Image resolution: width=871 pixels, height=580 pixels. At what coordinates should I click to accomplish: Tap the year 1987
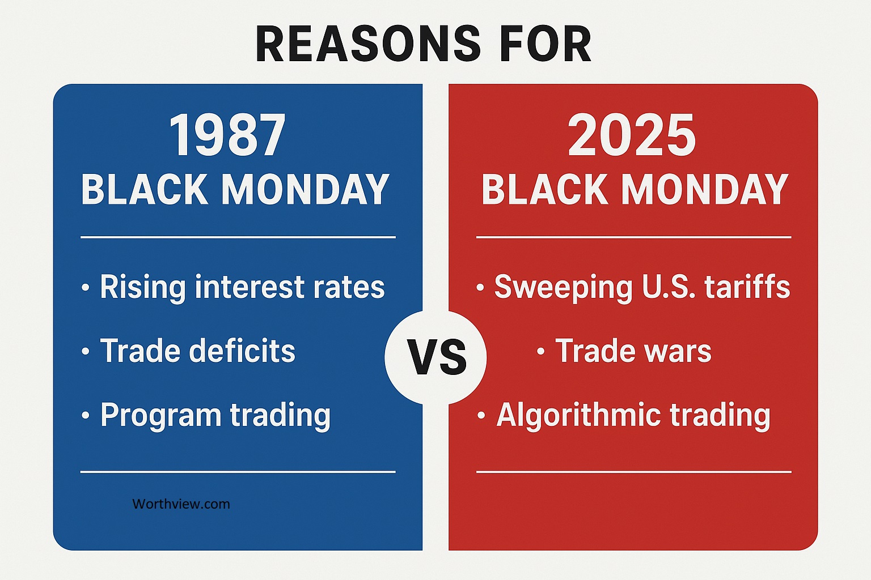click(x=227, y=136)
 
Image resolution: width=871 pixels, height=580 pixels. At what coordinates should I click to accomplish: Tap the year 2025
click(x=632, y=136)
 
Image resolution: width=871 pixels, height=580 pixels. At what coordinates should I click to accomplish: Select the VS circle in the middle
click(x=435, y=357)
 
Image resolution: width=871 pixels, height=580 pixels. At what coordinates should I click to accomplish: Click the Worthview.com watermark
click(x=181, y=504)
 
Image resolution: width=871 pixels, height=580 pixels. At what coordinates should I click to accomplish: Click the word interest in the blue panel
click(x=252, y=287)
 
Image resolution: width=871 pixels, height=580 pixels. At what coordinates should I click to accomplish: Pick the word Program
click(x=160, y=416)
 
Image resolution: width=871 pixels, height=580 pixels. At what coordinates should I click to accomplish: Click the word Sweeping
click(x=563, y=287)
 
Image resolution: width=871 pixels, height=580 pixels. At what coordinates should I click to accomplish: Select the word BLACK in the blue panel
click(x=145, y=190)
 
